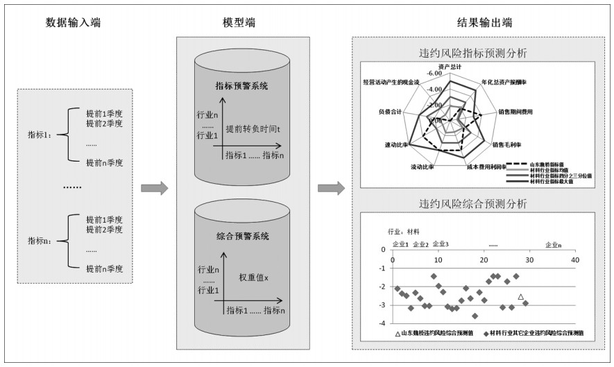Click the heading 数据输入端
tap(73, 22)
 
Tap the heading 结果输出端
tap(483, 22)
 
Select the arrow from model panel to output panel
tap(331, 188)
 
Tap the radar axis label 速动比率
tap(396, 146)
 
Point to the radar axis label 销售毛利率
tap(507, 146)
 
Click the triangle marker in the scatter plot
tap(520, 297)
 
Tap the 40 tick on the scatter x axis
tap(574, 260)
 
